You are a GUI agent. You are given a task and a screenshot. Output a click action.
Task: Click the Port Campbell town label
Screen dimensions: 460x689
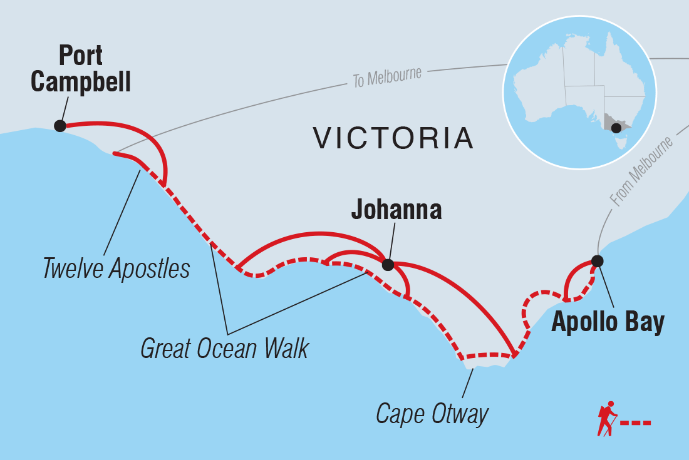click(81, 69)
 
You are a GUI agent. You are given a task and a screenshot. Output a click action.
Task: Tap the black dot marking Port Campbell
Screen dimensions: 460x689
click(60, 126)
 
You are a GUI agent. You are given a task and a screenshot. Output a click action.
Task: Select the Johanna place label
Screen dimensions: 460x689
click(396, 210)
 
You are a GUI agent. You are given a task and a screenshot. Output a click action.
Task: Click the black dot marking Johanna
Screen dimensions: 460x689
click(388, 265)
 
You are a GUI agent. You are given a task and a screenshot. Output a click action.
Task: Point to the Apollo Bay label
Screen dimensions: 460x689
click(608, 323)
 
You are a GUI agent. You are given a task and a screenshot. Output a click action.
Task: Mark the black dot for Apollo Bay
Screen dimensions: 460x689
click(598, 260)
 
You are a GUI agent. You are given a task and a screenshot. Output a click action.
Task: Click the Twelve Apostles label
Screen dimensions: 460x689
click(117, 269)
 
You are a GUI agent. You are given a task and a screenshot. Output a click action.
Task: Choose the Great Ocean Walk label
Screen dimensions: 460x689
click(224, 349)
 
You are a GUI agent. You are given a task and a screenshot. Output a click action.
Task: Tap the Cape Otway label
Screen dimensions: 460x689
click(432, 414)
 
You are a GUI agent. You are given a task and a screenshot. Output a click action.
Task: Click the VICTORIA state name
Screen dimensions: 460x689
click(393, 138)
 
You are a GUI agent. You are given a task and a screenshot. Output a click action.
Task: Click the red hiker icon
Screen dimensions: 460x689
click(606, 419)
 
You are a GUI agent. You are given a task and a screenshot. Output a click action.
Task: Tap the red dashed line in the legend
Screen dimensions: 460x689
click(635, 424)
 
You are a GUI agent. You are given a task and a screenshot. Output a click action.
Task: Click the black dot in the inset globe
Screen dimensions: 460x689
click(616, 128)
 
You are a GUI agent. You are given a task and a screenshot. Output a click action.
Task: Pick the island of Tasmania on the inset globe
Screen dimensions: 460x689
click(621, 143)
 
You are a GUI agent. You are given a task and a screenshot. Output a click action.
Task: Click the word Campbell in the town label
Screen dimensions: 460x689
click(81, 82)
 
